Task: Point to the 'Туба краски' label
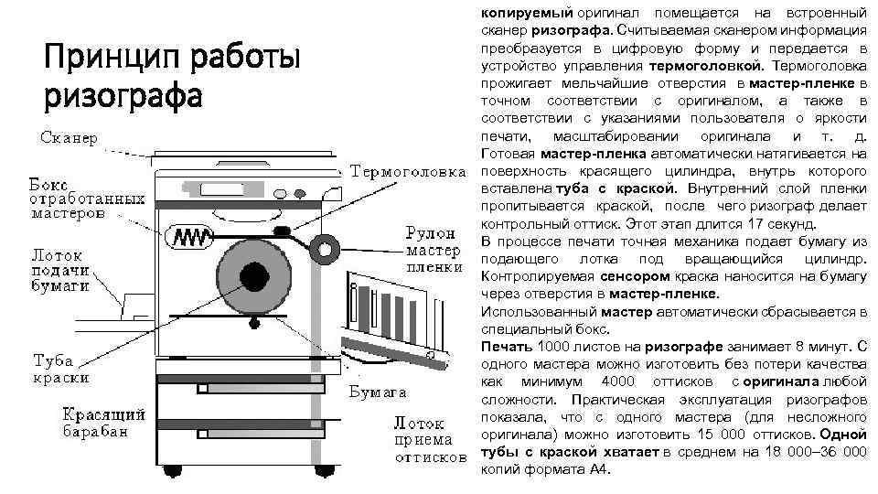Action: (x=62, y=368)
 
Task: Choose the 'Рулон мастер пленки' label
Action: (x=430, y=248)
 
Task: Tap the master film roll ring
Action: (x=323, y=247)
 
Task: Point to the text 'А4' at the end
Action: (x=597, y=469)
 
